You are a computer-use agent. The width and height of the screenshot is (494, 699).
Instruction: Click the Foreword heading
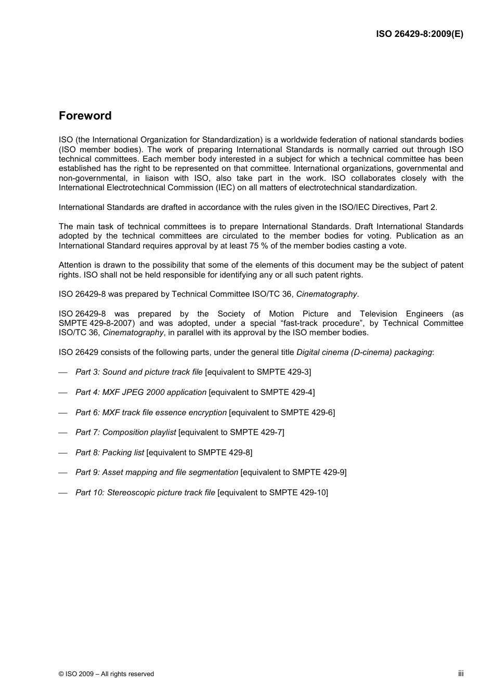point(85,116)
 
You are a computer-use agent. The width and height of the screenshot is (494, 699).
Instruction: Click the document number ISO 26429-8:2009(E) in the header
point(420,34)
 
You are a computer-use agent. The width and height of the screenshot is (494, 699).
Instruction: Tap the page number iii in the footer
point(461,674)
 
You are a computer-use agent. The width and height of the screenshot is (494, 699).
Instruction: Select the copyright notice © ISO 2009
point(106,674)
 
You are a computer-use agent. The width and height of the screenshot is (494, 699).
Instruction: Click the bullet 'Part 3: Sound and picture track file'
point(139,372)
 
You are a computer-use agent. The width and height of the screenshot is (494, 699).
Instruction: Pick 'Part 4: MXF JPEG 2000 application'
point(141,392)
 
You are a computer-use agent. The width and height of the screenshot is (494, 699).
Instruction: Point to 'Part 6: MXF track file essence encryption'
point(151,413)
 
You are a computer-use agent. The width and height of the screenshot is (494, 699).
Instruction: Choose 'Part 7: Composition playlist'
point(125,432)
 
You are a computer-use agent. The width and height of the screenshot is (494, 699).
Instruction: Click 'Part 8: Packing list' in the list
point(109,453)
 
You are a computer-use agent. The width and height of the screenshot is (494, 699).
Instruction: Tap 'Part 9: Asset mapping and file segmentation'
point(157,472)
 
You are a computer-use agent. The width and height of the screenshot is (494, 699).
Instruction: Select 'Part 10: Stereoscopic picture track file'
point(145,493)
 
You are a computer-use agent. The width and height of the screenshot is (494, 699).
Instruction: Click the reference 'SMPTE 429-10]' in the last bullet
point(298,493)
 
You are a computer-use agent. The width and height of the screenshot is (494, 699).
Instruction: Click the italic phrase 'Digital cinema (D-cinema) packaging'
point(364,352)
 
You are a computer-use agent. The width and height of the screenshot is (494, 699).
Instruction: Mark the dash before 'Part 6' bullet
point(63,413)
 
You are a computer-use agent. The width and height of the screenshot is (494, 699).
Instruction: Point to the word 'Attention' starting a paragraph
point(75,265)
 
